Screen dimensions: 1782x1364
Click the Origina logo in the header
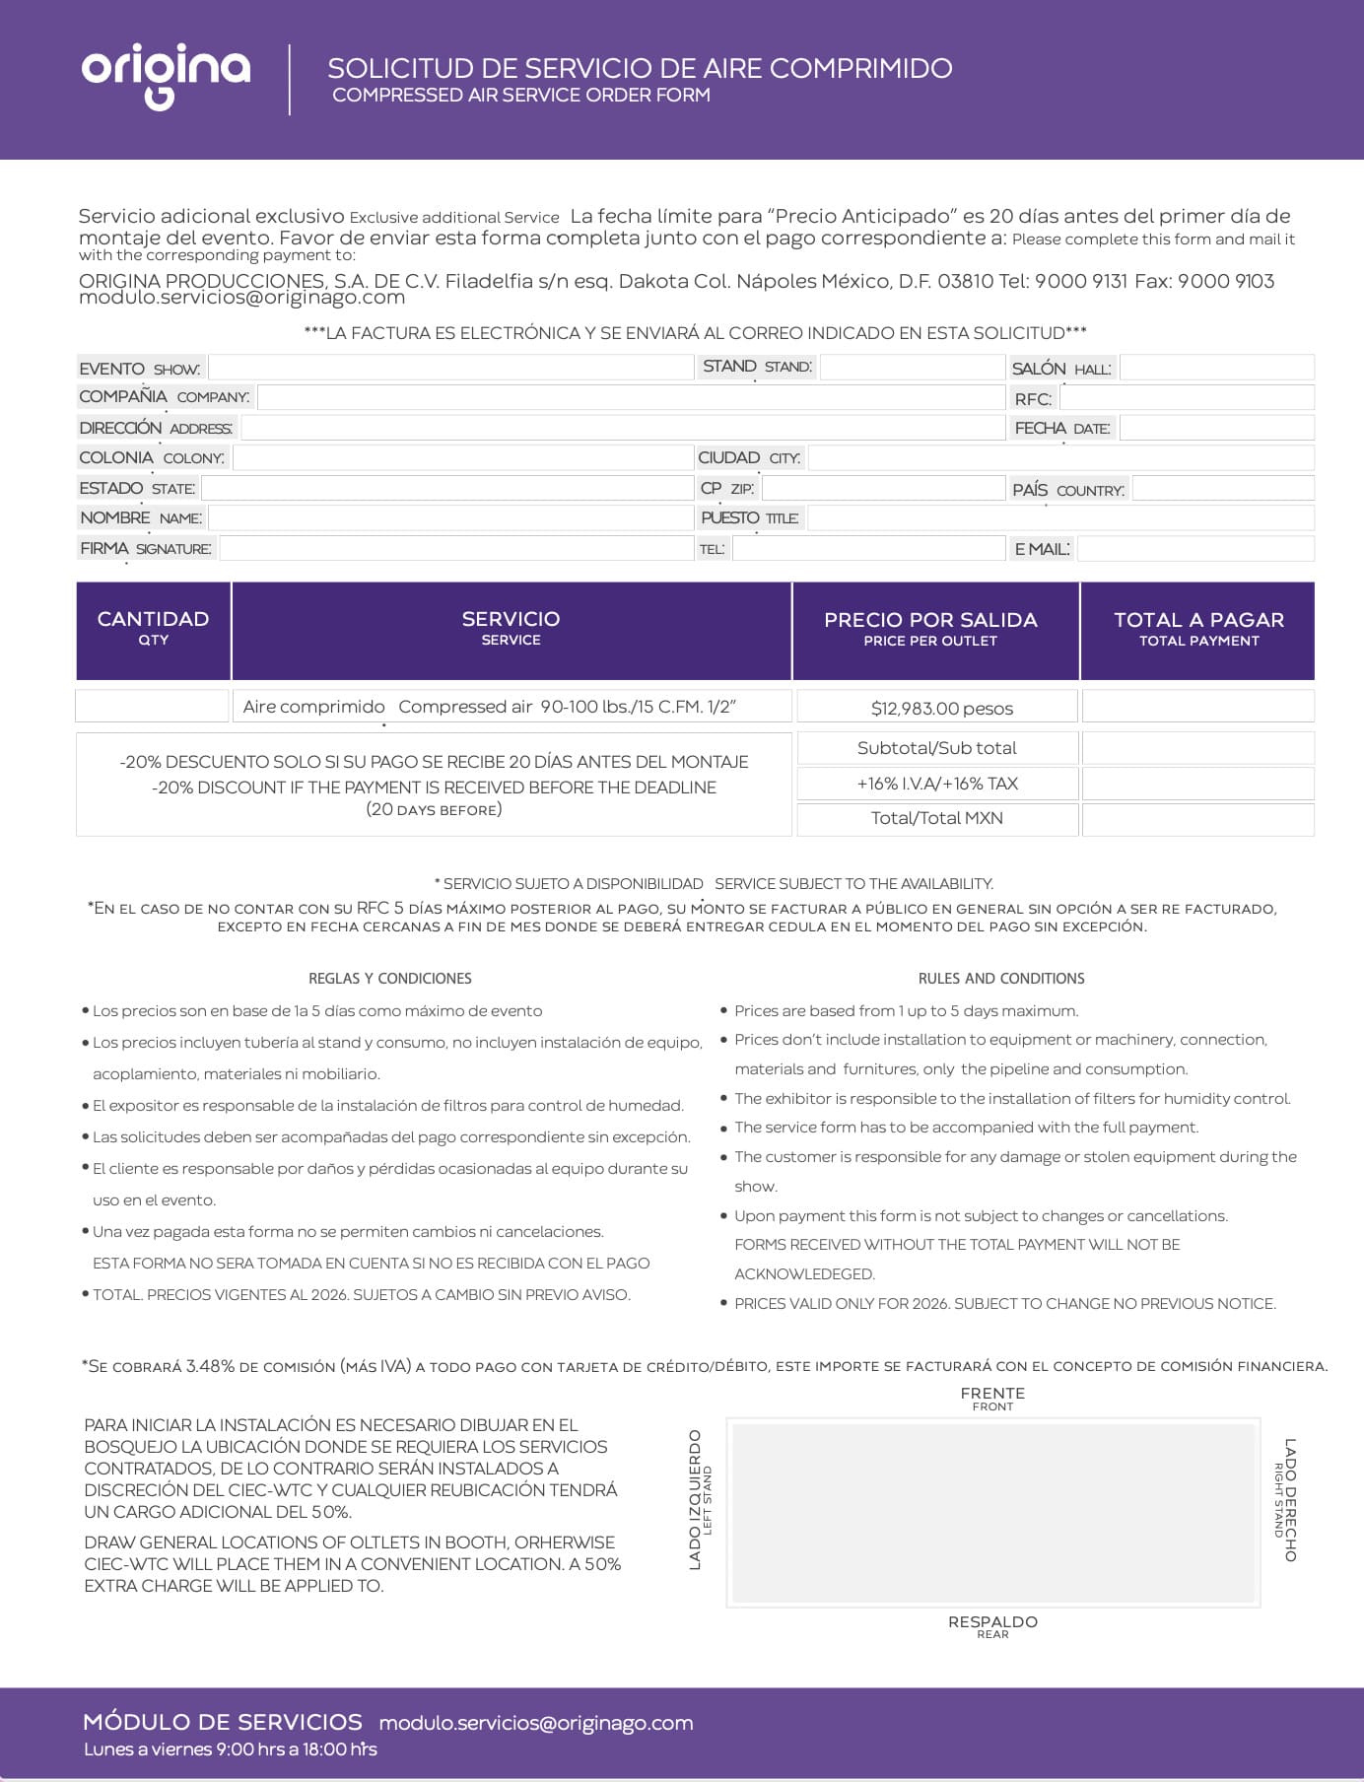click(x=166, y=75)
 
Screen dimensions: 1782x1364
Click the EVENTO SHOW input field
click(x=450, y=368)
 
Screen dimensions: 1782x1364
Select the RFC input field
click(x=1187, y=398)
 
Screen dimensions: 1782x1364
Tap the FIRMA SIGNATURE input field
click(x=456, y=548)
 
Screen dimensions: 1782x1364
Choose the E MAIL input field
click(x=1195, y=549)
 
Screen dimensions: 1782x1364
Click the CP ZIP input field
click(x=883, y=488)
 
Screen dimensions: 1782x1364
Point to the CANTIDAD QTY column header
click(x=154, y=629)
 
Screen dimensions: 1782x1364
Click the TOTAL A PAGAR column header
click(x=1198, y=629)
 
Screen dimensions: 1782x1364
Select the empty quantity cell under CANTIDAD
click(x=153, y=707)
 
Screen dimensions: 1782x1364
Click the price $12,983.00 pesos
click(x=941, y=708)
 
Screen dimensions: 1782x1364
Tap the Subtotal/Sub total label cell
click(x=937, y=748)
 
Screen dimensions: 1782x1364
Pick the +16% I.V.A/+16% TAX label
click(x=937, y=784)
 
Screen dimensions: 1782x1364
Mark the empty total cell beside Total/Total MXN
click(x=1198, y=819)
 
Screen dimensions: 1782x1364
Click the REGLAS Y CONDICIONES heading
click(x=390, y=979)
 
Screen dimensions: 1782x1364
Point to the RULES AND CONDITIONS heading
click(x=1001, y=979)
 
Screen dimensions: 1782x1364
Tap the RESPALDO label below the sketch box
click(x=992, y=1622)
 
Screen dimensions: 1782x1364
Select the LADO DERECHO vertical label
click(x=1289, y=1499)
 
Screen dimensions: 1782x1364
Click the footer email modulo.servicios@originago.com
click(x=536, y=1723)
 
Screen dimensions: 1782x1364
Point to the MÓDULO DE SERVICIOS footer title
click(x=223, y=1722)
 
